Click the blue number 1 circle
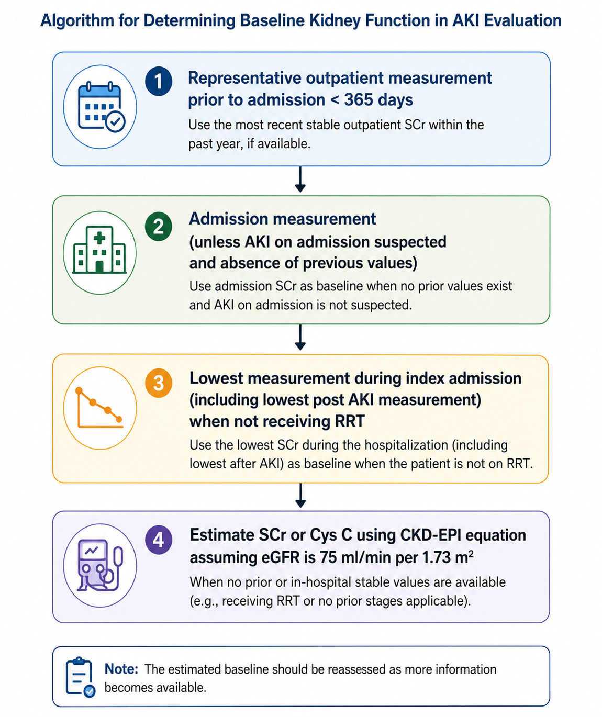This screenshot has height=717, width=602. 158,82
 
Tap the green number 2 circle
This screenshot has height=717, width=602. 158,227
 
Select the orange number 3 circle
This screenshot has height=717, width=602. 158,383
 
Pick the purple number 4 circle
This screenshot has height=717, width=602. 158,540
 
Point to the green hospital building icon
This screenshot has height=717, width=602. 99,250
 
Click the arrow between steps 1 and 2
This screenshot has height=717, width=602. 300,179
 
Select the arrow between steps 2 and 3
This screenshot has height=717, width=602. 300,337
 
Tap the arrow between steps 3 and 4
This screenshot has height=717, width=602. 300,495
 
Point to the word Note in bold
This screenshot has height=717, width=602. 121,669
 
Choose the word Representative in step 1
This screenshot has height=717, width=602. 244,78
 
